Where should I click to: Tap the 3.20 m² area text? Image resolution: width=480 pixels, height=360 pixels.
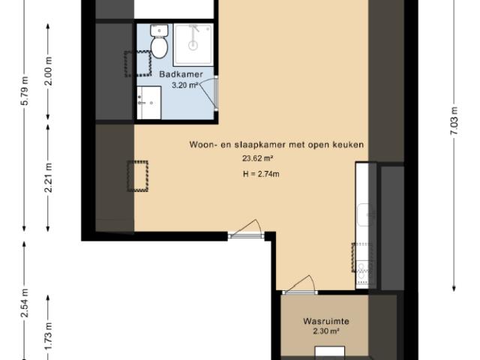184,85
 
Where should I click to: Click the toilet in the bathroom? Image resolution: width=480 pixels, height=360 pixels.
159,43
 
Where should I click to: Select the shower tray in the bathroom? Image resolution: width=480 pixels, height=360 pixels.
193,43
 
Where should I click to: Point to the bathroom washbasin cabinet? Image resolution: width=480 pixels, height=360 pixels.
149,102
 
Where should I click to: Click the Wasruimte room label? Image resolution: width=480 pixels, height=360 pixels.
326,321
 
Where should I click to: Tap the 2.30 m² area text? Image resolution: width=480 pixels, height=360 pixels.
326,331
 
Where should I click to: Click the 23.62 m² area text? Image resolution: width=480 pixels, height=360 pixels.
257,158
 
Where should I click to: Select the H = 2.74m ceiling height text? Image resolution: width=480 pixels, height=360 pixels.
261,175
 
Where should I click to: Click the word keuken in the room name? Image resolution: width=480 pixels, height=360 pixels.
349,144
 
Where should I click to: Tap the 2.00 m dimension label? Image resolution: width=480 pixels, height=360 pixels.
48,72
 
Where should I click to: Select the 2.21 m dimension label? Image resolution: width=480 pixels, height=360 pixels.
48,178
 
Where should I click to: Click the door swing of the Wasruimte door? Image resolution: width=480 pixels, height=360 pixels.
300,283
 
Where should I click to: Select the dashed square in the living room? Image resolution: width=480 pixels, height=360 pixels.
137,176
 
